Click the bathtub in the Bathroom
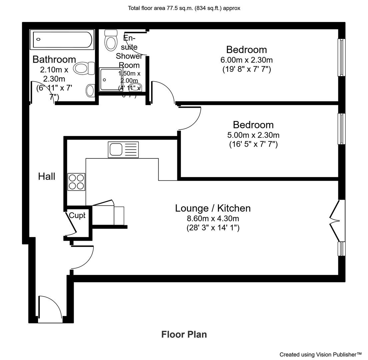62,40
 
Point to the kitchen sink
123,150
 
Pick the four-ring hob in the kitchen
76,182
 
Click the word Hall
47,176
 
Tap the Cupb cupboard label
77,216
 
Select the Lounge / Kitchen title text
213,208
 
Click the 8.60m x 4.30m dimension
213,219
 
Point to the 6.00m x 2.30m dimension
246,60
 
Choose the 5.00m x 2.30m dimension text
253,135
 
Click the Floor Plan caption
184,334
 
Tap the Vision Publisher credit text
320,354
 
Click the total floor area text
184,8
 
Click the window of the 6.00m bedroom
341,57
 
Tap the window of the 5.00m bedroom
341,129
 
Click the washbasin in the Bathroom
90,90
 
